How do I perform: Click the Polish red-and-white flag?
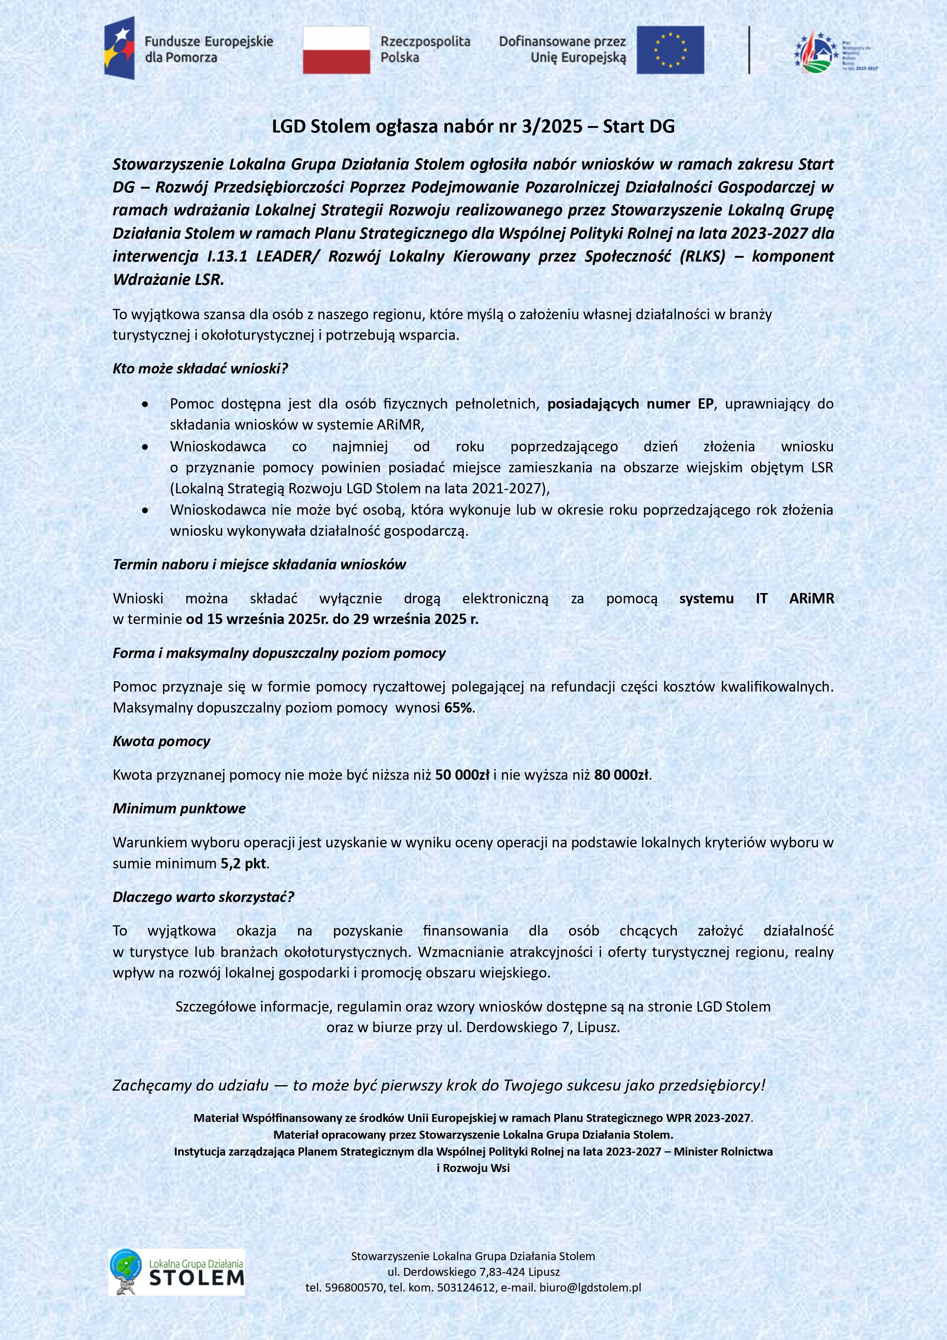(x=336, y=50)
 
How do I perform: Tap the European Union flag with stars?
(x=670, y=50)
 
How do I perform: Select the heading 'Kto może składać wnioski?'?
(x=200, y=369)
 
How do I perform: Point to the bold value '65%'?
(x=459, y=708)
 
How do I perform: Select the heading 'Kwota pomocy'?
(x=161, y=742)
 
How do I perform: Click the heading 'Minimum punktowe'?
(x=179, y=809)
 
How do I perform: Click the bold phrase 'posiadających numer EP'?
(x=630, y=404)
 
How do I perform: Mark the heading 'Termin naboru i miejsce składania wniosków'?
(x=259, y=564)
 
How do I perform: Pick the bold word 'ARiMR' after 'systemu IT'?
(x=811, y=598)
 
